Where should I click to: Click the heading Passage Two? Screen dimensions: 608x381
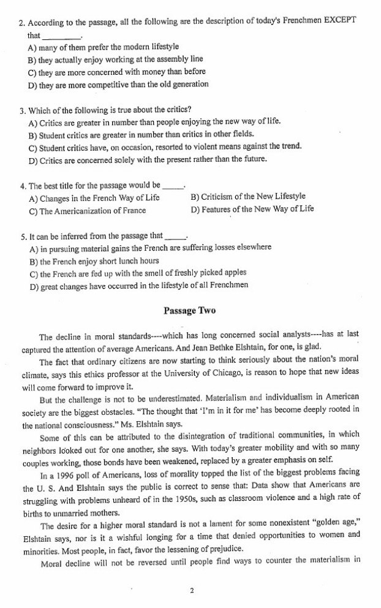coord(189,311)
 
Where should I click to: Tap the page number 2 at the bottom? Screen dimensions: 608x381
coord(192,591)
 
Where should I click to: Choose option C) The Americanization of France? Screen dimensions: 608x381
coord(87,211)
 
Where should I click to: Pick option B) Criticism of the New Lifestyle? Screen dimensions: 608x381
coord(248,197)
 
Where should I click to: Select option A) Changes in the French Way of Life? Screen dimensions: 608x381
coord(94,197)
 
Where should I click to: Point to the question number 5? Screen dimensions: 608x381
coord(21,235)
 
